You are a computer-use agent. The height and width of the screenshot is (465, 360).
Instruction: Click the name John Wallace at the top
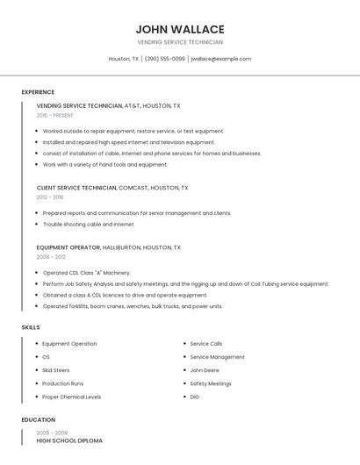click(x=180, y=29)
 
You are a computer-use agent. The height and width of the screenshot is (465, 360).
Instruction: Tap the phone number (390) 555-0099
click(x=165, y=59)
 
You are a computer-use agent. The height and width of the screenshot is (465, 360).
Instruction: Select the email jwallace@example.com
click(x=220, y=59)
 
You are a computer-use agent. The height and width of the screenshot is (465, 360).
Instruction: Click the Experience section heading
click(x=38, y=92)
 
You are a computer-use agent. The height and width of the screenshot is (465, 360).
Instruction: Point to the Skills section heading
click(x=31, y=327)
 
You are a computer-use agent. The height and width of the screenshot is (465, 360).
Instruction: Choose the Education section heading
click(x=39, y=419)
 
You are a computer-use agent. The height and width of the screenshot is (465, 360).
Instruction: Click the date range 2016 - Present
click(x=54, y=116)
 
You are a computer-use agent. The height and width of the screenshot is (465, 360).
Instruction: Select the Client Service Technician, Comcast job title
click(x=112, y=188)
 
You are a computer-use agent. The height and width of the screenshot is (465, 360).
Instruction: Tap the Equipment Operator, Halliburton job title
click(x=108, y=247)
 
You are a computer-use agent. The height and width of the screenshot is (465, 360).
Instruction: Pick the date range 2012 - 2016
click(x=50, y=197)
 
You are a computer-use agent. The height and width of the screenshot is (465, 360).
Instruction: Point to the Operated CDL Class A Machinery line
click(x=86, y=273)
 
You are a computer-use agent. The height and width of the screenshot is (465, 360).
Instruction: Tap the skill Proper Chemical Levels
click(x=71, y=397)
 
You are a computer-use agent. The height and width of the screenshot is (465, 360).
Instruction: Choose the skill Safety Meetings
click(x=211, y=383)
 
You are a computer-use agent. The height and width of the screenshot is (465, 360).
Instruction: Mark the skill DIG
click(x=195, y=397)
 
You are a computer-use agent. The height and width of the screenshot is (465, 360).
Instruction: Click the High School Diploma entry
click(x=69, y=440)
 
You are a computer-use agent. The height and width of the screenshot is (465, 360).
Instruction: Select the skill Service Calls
click(x=206, y=344)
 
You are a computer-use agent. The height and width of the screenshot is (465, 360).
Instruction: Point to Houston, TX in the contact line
click(x=124, y=59)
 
